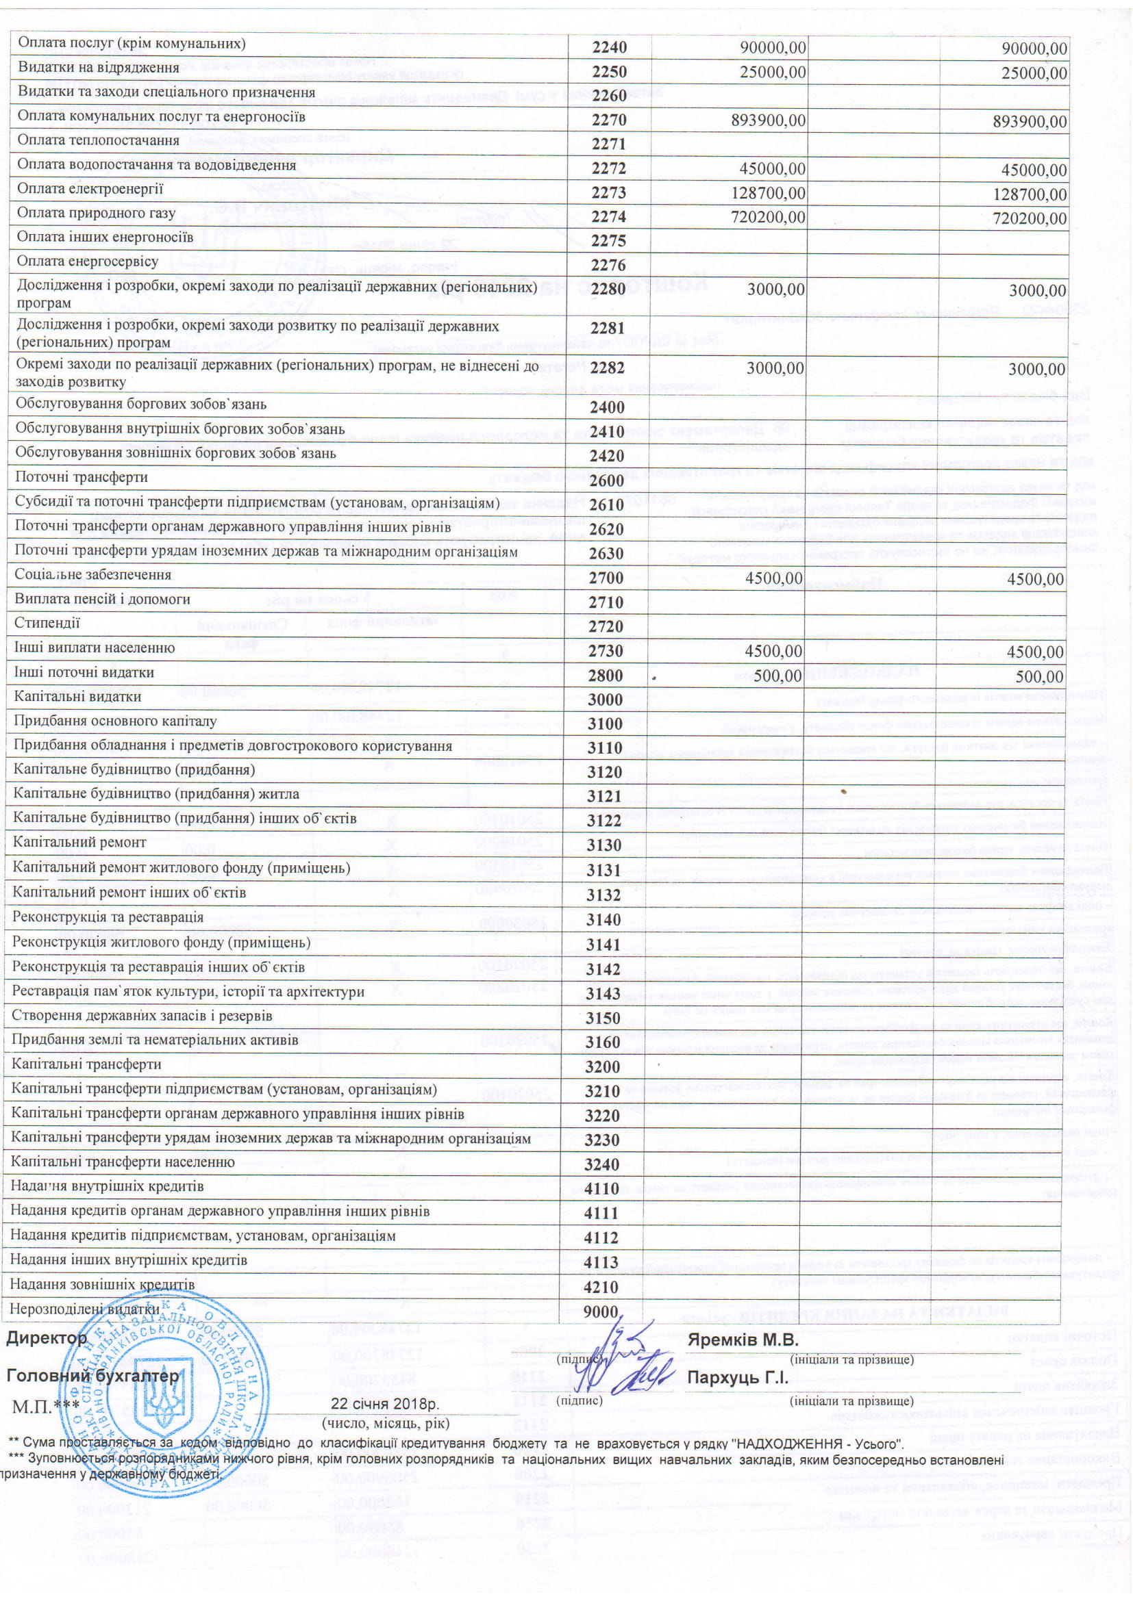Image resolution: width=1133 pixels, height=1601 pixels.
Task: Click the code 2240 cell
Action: click(x=609, y=47)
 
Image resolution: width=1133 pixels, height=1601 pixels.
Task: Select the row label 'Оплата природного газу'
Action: click(x=97, y=214)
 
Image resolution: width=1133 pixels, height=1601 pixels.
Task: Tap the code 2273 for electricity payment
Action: click(x=608, y=193)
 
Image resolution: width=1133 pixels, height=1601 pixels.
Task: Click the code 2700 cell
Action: click(x=605, y=578)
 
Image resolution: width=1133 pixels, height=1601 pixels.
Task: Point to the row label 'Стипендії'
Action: click(x=47, y=624)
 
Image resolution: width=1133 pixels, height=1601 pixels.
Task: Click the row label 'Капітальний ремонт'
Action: click(x=79, y=843)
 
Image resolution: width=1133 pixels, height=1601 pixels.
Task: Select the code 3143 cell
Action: click(x=603, y=994)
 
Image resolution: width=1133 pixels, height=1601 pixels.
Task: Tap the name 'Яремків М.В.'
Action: click(x=743, y=1340)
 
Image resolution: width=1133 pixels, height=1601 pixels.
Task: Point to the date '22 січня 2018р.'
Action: click(x=385, y=1404)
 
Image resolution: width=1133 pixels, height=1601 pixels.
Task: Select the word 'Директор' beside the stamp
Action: click(x=47, y=1338)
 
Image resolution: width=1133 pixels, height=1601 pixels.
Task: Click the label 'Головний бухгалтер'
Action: click(x=92, y=1376)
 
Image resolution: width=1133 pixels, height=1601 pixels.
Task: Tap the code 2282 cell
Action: click(x=608, y=369)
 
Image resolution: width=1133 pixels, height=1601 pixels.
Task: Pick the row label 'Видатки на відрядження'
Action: click(x=99, y=68)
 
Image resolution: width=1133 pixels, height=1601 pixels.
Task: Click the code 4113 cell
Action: click(x=602, y=1262)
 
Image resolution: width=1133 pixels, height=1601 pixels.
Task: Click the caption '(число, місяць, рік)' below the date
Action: click(x=386, y=1423)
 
